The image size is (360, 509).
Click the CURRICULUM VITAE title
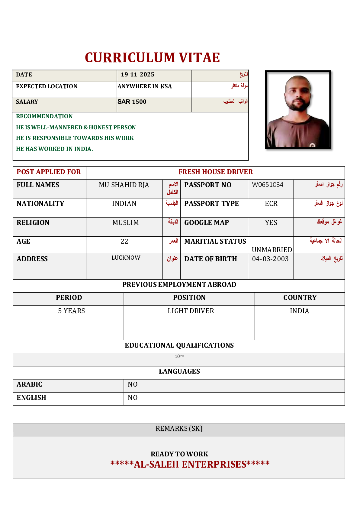pos(152,58)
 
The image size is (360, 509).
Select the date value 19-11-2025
pos(137,75)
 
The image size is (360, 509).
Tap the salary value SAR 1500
pos(132,102)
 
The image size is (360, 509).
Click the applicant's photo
pos(298,110)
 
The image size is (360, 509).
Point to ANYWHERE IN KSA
pos(145,86)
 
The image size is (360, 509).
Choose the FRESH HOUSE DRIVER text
pos(215,172)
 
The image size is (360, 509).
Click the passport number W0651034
pos(268,185)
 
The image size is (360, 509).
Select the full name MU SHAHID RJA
pos(124,185)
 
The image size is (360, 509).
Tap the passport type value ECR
pos(271,204)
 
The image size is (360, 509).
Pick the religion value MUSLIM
pos(126,223)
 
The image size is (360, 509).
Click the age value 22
pos(124,242)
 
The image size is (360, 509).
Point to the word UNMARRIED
pos(272,250)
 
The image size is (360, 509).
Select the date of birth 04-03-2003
pos(270,259)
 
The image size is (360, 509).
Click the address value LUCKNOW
pos(126,258)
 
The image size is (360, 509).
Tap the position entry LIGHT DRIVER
pos(191,311)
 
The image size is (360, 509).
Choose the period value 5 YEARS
pos(71,311)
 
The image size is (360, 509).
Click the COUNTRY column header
pos(300,298)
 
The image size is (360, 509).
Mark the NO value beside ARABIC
pos(133,384)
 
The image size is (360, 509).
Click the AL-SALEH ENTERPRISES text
pos(190,464)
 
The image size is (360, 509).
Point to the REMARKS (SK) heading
pos(179,429)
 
